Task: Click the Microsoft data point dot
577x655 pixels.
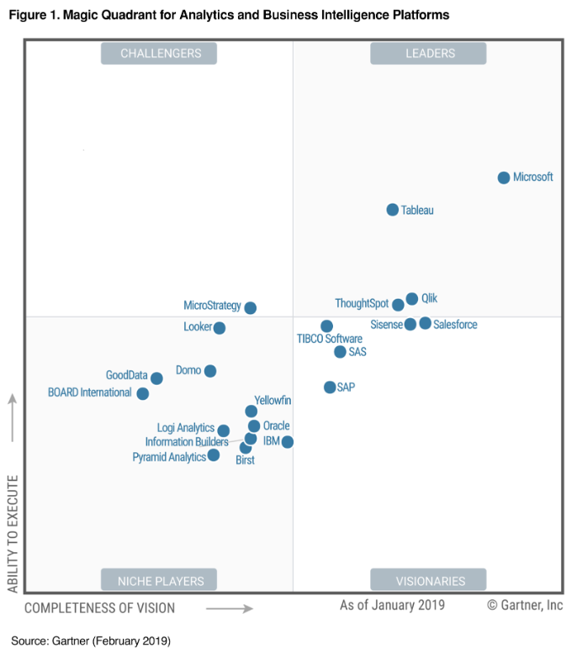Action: point(504,178)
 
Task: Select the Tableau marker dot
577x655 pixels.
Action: point(393,210)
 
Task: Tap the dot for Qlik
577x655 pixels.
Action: point(412,299)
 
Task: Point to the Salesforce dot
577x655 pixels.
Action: point(426,323)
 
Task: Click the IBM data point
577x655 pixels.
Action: point(288,442)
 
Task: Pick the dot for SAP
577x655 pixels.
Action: point(330,387)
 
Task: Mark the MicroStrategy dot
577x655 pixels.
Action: point(251,308)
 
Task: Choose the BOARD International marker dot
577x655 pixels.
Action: point(143,393)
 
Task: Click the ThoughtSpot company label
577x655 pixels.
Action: point(362,304)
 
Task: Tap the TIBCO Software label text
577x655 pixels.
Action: point(330,339)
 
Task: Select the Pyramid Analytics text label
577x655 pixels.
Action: point(169,457)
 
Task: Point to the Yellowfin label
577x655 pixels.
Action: point(273,401)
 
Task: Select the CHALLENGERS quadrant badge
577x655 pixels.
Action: point(160,53)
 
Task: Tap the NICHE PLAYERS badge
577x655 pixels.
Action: point(160,580)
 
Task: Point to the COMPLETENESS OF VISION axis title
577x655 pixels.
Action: point(100,608)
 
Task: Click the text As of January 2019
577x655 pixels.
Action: point(392,605)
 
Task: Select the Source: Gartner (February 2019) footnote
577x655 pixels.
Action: point(91,641)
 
